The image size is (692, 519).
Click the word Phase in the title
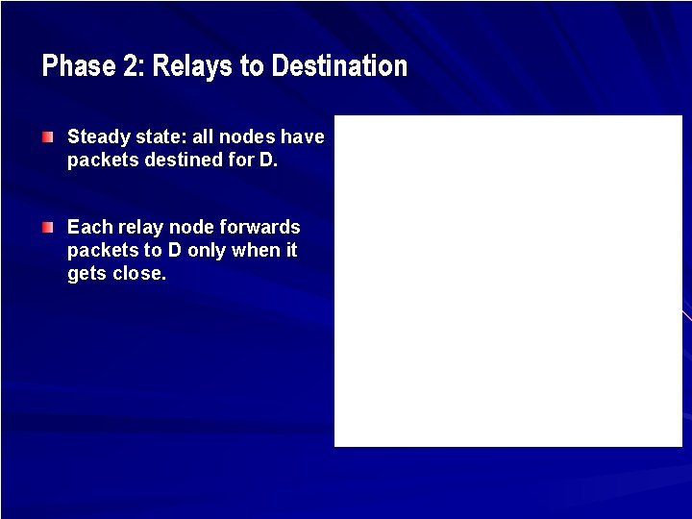click(71, 66)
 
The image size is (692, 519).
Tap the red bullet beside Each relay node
click(48, 228)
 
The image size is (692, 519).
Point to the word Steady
click(95, 137)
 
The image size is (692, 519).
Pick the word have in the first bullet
click(303, 137)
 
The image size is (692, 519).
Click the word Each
click(89, 228)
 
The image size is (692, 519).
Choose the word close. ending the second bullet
click(140, 274)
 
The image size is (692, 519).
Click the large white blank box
click(507, 281)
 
